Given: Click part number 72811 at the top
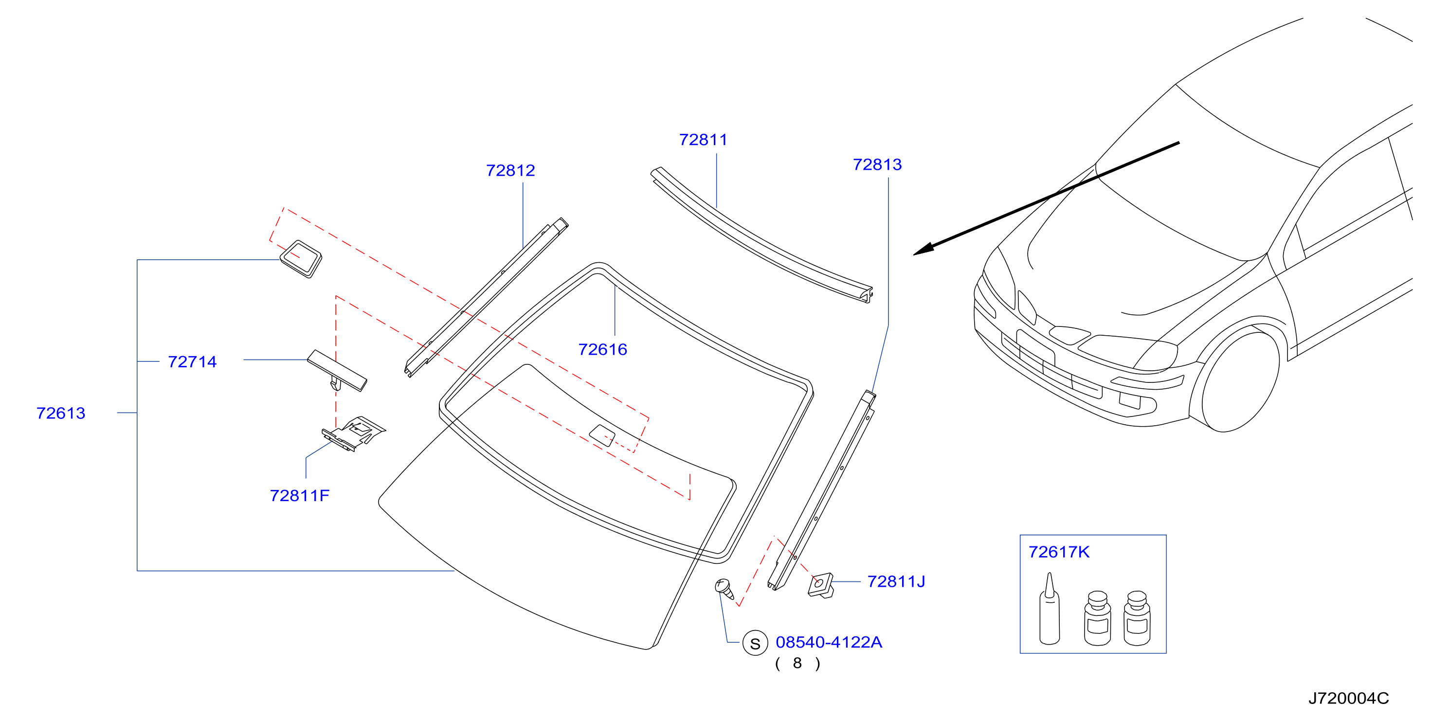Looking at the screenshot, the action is coord(703,140).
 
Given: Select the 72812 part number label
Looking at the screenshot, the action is coord(510,170).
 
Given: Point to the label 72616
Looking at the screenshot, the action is coord(602,349).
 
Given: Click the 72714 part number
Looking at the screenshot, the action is coord(192,361).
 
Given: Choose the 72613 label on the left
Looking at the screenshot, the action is coord(61,413).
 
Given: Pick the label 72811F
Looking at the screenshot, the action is coord(299,495).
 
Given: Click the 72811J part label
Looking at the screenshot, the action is coord(896,581).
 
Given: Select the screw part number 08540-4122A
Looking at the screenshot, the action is coord(829,642).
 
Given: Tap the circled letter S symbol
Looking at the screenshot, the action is coord(755,643).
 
